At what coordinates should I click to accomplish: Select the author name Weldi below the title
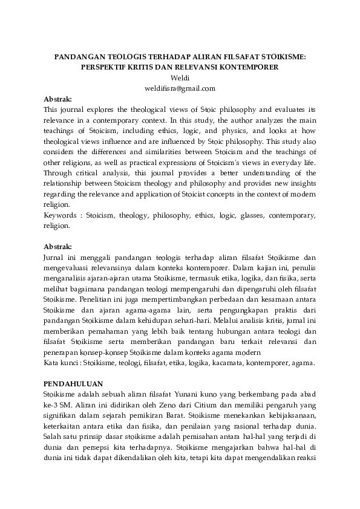click(x=180, y=78)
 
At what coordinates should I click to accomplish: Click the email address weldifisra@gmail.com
click(x=180, y=88)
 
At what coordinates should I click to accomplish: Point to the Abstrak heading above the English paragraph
click(x=58, y=99)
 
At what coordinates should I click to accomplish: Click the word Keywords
click(x=63, y=215)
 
